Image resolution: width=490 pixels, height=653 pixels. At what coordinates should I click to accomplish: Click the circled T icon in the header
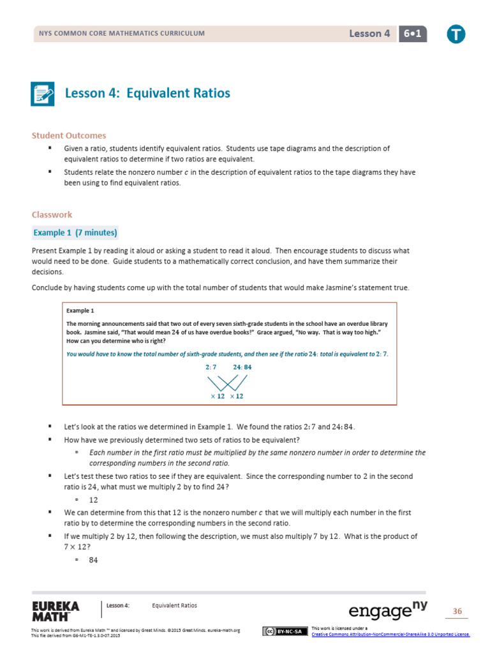(456, 34)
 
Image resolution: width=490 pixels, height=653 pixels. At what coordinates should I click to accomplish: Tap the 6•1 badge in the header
(412, 34)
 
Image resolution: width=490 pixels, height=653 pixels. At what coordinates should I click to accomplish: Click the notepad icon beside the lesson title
(43, 94)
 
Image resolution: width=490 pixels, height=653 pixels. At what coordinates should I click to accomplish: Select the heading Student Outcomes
(69, 135)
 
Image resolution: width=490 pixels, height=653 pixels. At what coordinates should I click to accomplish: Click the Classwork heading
(52, 215)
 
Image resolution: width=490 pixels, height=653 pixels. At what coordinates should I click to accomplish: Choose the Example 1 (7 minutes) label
(75, 233)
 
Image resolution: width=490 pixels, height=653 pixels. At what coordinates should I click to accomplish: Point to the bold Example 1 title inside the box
(80, 311)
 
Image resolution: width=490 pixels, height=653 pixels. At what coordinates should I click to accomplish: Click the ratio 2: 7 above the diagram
(211, 367)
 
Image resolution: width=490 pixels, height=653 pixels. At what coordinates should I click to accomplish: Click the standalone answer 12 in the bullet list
(94, 499)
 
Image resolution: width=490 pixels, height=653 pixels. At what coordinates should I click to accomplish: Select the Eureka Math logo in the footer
(56, 610)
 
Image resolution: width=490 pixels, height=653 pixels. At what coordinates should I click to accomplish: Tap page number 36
(457, 612)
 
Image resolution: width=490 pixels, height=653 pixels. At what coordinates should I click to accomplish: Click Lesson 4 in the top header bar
(369, 34)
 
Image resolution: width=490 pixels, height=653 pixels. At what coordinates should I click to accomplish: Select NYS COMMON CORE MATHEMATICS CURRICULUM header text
(122, 34)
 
